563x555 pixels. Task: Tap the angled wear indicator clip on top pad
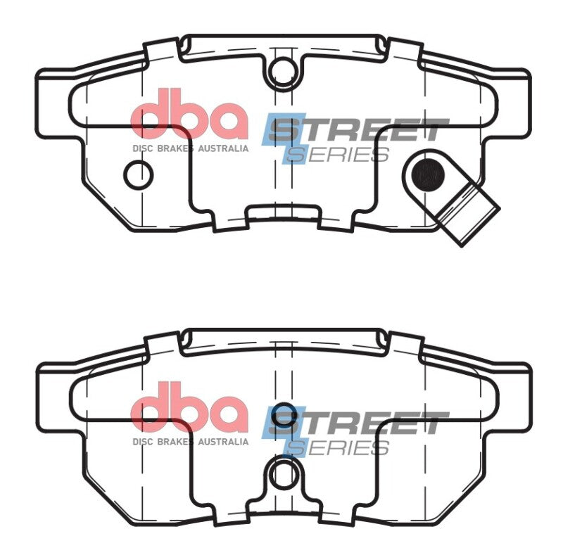coord(469,215)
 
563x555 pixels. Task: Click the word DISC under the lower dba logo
coord(142,442)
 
